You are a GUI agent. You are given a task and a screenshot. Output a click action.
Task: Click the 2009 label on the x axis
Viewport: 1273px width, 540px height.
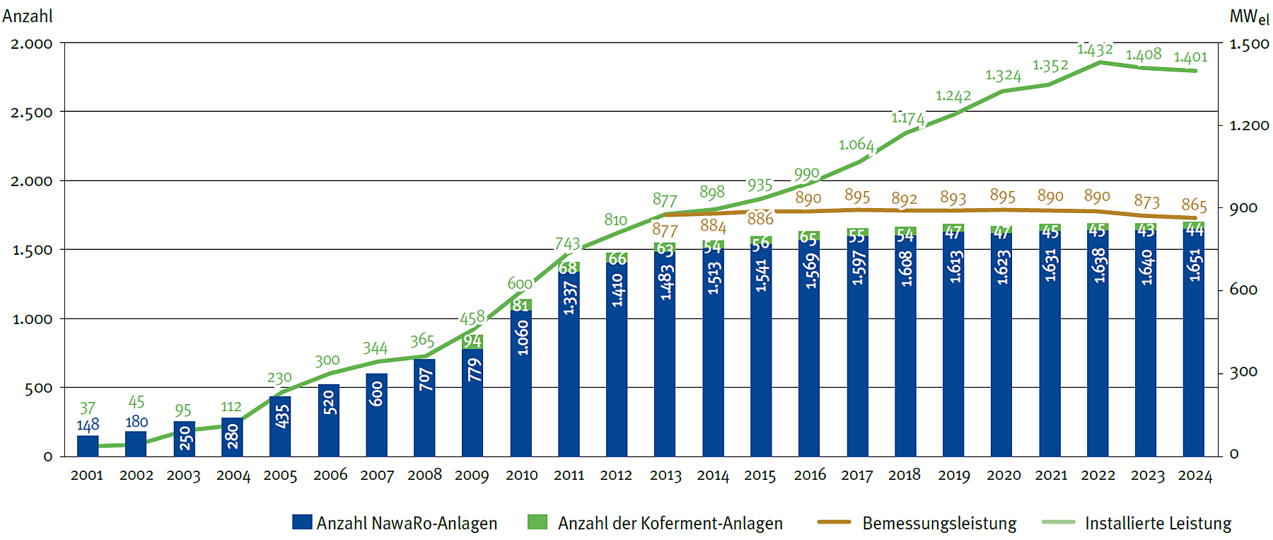click(x=472, y=476)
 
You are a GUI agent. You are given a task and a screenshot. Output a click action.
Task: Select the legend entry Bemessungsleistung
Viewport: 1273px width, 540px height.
click(x=938, y=524)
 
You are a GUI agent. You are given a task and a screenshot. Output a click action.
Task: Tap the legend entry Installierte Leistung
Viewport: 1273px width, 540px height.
click(x=1158, y=524)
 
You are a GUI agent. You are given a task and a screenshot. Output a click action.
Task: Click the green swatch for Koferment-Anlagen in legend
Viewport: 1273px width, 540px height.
click(x=537, y=522)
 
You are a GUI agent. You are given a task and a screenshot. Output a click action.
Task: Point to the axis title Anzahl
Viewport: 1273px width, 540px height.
click(x=27, y=16)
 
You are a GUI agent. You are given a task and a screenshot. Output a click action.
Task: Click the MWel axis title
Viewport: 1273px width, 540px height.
click(x=1249, y=17)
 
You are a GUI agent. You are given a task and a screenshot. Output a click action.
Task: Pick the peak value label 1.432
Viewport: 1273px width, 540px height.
click(x=1095, y=50)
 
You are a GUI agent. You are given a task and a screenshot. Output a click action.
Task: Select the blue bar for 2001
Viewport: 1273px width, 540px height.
click(x=88, y=446)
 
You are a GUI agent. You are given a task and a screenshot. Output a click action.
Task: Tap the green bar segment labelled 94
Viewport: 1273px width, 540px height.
click(x=472, y=342)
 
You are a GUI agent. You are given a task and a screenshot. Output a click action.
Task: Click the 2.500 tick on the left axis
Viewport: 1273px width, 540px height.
click(x=32, y=113)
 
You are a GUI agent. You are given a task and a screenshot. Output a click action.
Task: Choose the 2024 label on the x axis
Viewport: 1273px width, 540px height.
click(x=1194, y=476)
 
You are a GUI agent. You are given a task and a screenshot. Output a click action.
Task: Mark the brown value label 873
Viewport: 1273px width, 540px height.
click(x=1146, y=202)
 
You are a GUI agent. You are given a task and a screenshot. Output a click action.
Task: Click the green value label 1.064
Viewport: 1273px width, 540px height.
click(x=856, y=145)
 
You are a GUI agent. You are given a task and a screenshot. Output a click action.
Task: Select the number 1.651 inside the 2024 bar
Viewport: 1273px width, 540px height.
click(x=1194, y=265)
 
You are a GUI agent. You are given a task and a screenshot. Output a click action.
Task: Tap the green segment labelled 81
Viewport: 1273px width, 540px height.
click(x=521, y=305)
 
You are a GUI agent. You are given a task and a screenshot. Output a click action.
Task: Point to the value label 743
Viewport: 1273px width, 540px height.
click(x=567, y=244)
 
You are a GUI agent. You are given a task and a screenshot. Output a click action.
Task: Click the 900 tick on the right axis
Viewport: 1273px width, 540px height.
click(x=1243, y=208)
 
